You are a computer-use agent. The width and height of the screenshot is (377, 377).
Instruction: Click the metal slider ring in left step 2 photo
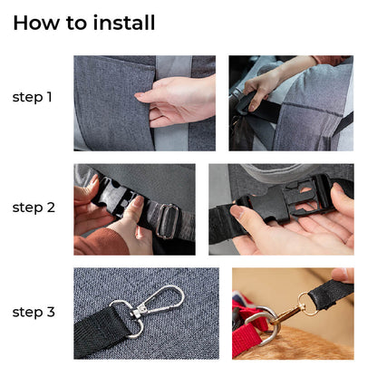point(166,219)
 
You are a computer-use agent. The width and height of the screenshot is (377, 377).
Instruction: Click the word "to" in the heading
point(81,23)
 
